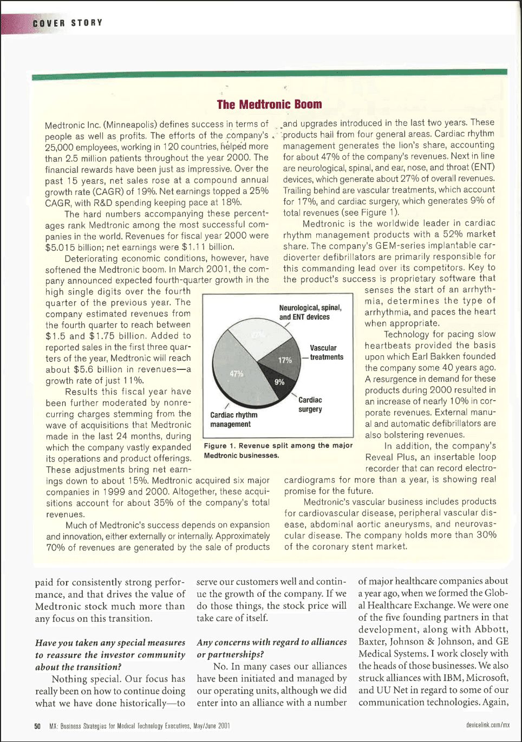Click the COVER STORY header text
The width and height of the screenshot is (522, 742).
point(67,23)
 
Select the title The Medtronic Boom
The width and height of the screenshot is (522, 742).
point(269,105)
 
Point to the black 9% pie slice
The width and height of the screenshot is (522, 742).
point(277,382)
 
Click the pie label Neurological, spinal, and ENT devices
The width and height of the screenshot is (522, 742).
point(310,312)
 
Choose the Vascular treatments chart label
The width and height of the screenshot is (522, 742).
point(326,353)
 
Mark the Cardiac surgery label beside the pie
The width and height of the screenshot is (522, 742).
point(310,405)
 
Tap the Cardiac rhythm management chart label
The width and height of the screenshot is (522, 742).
point(233,419)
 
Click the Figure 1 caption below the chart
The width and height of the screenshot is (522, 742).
point(278,450)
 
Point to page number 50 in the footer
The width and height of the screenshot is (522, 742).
point(37,726)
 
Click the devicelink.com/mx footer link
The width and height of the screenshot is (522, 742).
point(487,725)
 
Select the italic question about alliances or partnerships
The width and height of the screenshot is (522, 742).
point(271,648)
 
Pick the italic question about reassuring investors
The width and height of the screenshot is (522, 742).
point(110,654)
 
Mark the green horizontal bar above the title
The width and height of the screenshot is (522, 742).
point(269,74)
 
